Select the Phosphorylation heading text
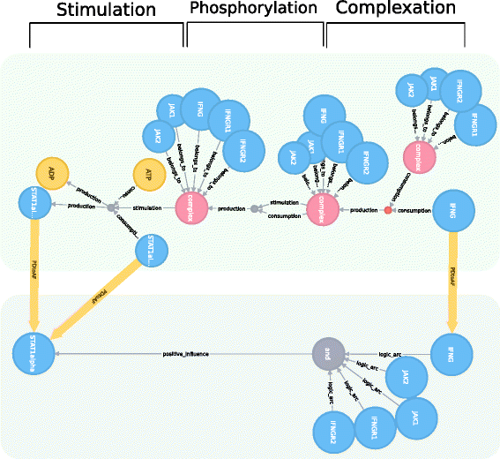[253, 9]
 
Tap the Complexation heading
[397, 9]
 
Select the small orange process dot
[387, 210]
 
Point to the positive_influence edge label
[186, 354]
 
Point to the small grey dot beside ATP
[112, 208]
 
